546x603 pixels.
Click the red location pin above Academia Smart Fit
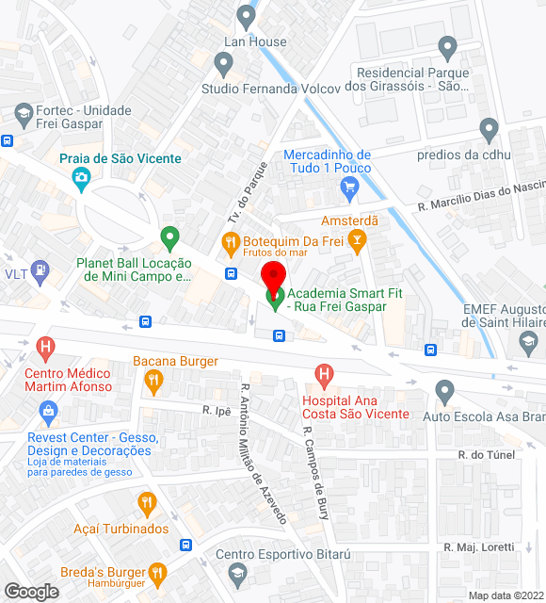(x=273, y=279)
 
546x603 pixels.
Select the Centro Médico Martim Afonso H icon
(x=44, y=349)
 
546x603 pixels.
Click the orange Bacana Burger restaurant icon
(x=153, y=382)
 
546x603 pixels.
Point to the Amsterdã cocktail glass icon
(x=357, y=244)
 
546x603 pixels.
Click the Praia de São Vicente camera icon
(x=81, y=177)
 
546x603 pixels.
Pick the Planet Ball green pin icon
(x=169, y=236)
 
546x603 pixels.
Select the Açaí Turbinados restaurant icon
(x=146, y=504)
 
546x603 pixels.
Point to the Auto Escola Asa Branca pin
(x=446, y=390)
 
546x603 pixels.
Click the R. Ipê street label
(x=217, y=410)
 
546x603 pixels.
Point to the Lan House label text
(x=254, y=41)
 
